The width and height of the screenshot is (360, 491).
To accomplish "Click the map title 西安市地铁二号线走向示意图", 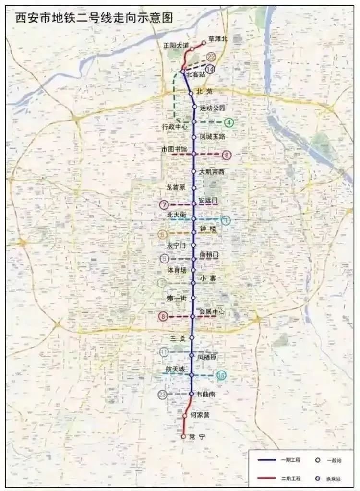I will pos(94,19).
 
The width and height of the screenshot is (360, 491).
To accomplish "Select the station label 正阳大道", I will pos(176,45).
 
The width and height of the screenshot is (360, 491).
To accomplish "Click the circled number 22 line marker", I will pos(211,57).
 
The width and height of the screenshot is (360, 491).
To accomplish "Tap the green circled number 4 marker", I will pos(229,122).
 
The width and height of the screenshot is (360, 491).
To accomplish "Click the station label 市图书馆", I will pos(174,149).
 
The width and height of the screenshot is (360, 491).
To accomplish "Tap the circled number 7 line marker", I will pos(165,205).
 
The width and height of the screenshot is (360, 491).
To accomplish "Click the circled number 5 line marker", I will pos(165,259).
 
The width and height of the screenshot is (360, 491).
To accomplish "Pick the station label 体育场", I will pos(177,270).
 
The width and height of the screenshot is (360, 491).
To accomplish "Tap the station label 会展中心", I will pos(212,312).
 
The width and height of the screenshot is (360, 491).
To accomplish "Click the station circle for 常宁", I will pos(183,437).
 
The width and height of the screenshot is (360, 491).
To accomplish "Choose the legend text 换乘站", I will pos(334,479).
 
